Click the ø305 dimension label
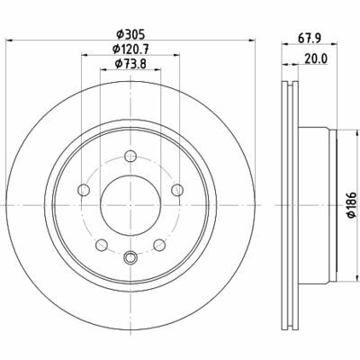click(x=130, y=34)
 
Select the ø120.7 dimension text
click(x=130, y=49)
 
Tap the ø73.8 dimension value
click(x=130, y=63)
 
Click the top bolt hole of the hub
click(x=130, y=156)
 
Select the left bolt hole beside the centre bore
click(x=84, y=190)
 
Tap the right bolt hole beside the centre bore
click(x=177, y=190)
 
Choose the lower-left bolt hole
click(x=102, y=245)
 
